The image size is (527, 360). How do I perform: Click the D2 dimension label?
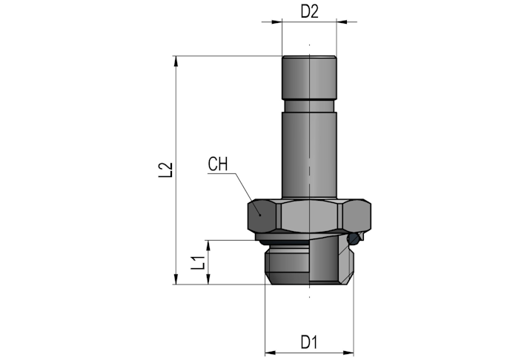(309, 12)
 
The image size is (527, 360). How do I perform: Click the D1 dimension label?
(309, 342)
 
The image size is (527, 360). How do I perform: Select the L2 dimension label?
(165, 170)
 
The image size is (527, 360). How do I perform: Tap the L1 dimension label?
(198, 263)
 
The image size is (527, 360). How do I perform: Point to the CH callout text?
(218, 164)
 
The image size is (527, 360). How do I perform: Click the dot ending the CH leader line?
(259, 215)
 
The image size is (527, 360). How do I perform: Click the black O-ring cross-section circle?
(354, 239)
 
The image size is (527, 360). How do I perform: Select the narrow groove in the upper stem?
(309, 106)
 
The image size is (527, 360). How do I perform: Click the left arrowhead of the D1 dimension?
(271, 353)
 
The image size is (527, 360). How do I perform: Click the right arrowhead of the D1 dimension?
(348, 353)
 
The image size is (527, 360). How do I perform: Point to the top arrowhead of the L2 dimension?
(176, 61)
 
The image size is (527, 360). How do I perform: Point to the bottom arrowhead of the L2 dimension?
(176, 279)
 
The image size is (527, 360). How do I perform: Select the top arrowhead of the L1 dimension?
(208, 245)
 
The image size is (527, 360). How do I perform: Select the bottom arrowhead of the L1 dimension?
(208, 279)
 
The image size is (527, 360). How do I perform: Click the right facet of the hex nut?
(357, 216)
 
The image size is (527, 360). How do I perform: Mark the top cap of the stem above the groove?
(309, 78)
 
